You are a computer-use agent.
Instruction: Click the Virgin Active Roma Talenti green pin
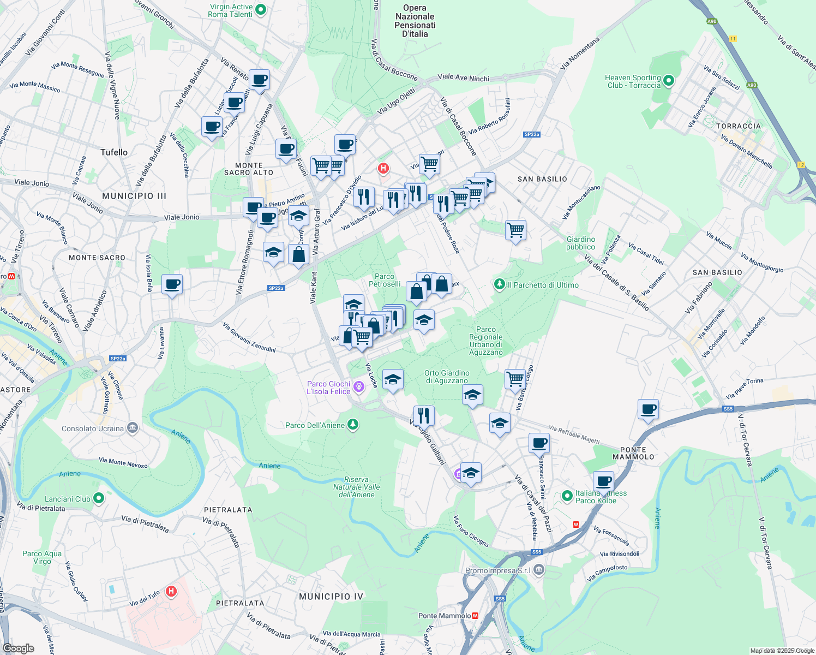[x=261, y=9]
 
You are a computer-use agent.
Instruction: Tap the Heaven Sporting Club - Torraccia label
[x=633, y=81]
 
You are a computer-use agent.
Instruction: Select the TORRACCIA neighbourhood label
[x=738, y=126]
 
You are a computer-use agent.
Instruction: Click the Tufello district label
[x=114, y=152]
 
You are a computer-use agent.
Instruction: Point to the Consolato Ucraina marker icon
[x=133, y=428]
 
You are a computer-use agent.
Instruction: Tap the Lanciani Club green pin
[x=99, y=498]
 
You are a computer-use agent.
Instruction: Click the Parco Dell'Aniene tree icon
[x=353, y=425]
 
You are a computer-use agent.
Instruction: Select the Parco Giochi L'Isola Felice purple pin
[x=358, y=387]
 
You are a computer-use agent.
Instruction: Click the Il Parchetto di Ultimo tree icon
[x=499, y=284]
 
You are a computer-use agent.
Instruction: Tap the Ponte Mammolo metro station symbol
[x=475, y=616]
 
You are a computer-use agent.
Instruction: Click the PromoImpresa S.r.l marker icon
[x=539, y=570]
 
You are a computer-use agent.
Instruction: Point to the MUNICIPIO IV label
[x=331, y=597]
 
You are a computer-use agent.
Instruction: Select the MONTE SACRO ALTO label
[x=249, y=169]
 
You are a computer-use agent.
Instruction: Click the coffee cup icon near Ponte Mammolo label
[x=648, y=409]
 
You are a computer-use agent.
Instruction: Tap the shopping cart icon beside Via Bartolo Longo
[x=515, y=378]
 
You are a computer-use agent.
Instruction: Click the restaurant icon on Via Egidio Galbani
[x=424, y=415]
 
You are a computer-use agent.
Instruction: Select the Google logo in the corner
[x=19, y=648]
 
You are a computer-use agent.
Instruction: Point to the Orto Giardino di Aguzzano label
[x=447, y=377]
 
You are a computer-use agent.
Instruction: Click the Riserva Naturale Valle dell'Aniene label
[x=357, y=487]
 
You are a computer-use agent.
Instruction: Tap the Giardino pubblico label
[x=580, y=243]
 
